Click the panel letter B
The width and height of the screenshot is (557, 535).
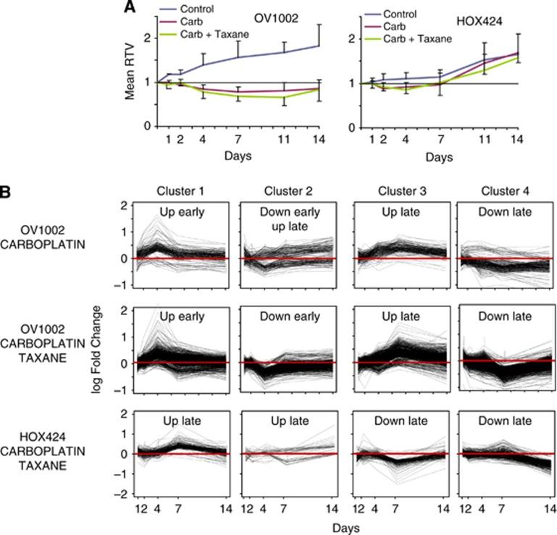click(7, 193)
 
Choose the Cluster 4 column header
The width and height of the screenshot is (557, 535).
click(505, 191)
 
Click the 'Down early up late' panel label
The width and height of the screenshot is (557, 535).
click(289, 219)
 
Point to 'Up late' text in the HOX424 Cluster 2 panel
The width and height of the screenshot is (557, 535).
click(289, 421)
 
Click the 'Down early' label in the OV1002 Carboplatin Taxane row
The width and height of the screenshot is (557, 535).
click(289, 317)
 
